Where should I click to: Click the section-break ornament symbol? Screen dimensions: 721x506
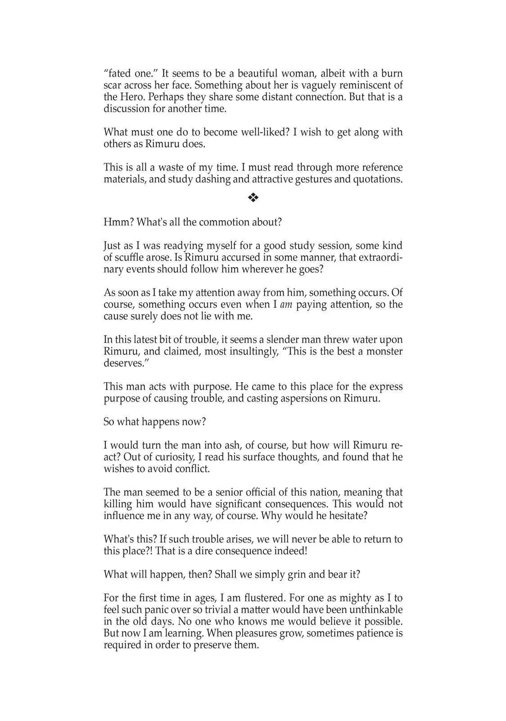pyautogui.click(x=253, y=197)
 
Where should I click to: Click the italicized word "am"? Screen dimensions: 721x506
pyautogui.click(x=286, y=305)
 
